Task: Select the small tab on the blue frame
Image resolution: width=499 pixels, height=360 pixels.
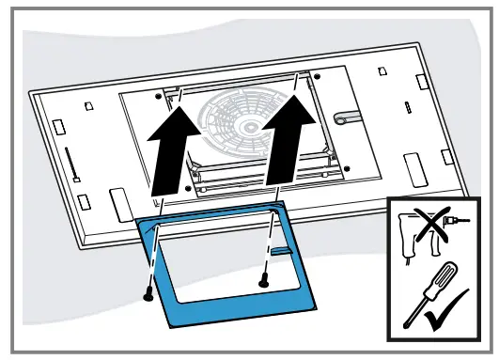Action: pyautogui.click(x=280, y=251)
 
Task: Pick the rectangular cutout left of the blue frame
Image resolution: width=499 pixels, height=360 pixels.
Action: pyautogui.click(x=118, y=201)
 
